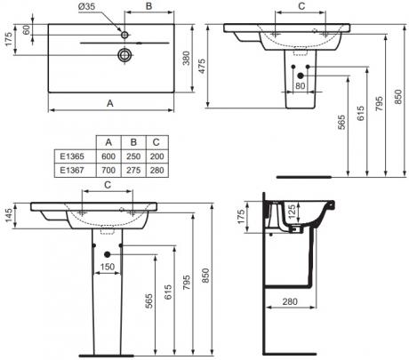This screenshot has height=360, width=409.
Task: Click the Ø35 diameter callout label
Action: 87,6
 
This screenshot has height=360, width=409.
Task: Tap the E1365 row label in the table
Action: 72,156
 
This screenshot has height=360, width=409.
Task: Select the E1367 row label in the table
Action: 72,170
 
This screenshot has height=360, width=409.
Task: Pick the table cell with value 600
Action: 108,156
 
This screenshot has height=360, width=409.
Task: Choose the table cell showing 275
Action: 133,170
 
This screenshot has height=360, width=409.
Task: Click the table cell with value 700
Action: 108,170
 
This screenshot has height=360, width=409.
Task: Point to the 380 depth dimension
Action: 186,59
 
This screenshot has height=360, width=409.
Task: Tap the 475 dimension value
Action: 201,67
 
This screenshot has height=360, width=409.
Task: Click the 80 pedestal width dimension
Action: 300,86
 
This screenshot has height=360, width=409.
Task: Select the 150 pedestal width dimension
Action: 107,267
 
